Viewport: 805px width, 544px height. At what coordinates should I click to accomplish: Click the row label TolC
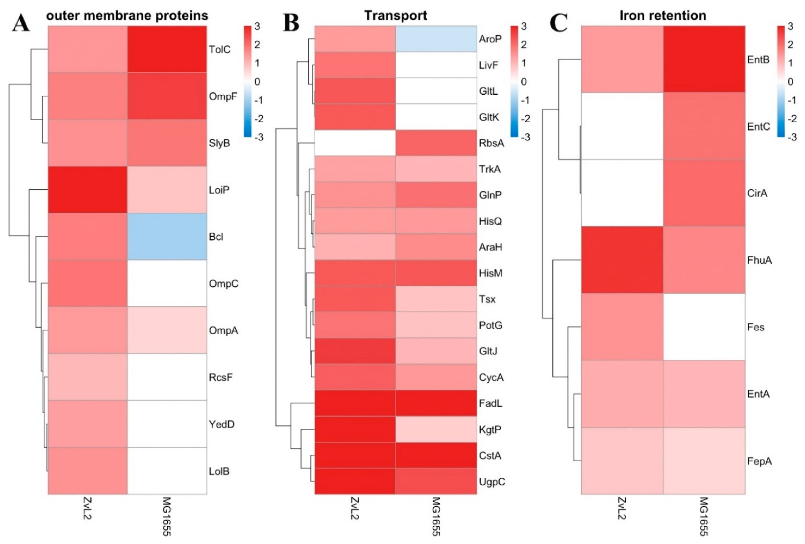[x=219, y=50]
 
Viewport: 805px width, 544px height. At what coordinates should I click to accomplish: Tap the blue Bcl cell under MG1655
[x=167, y=237]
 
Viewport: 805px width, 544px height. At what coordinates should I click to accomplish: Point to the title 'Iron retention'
[x=663, y=16]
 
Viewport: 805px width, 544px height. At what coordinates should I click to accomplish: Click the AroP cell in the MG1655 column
[x=436, y=39]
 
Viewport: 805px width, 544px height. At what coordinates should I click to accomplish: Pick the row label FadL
[x=491, y=403]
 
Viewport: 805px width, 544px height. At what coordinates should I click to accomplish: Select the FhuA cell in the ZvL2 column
[x=622, y=260]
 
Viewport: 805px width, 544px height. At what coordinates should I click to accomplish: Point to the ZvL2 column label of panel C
[x=622, y=508]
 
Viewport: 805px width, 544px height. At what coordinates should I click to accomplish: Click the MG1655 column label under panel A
[x=167, y=516]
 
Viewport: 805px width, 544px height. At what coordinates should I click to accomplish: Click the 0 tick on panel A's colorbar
[x=257, y=82]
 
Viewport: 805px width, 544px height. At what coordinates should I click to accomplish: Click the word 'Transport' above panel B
[x=396, y=16]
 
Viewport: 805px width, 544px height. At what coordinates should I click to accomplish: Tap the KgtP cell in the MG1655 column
[x=436, y=429]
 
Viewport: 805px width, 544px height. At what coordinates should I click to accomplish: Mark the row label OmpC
[x=224, y=284]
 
